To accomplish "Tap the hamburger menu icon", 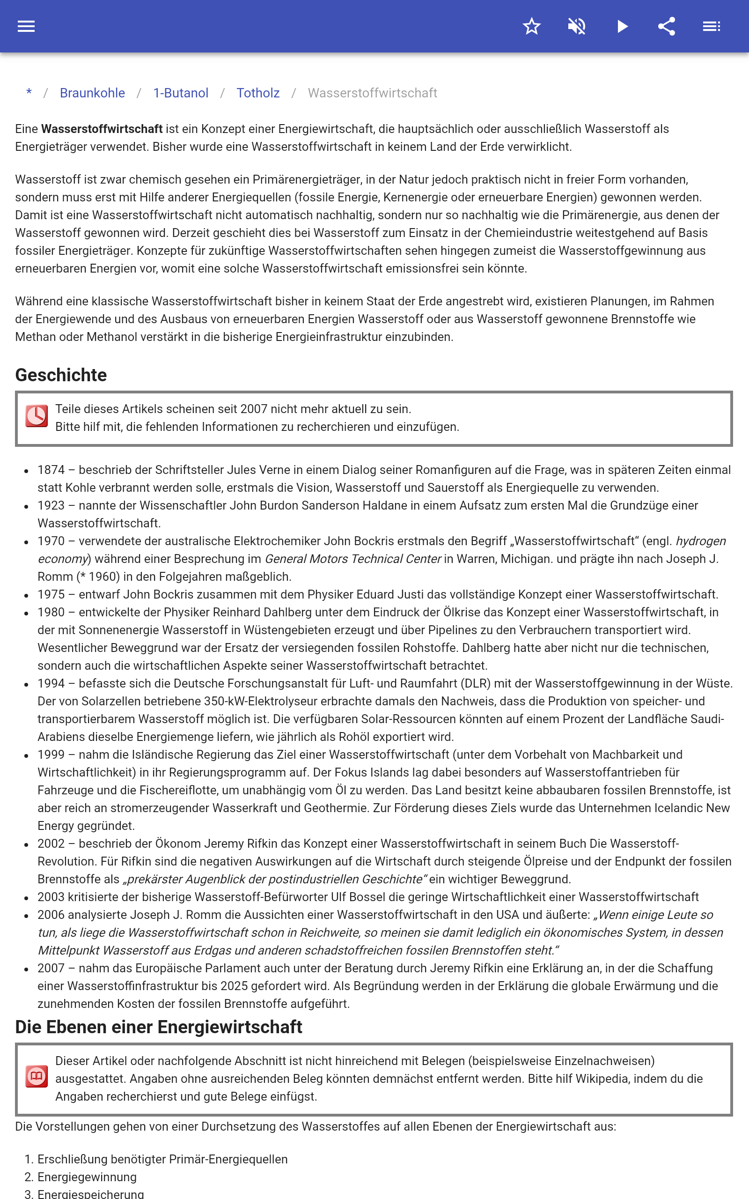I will tap(26, 26).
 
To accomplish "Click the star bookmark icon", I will tap(531, 26).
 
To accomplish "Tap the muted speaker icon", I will tap(577, 26).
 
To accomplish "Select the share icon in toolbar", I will tap(667, 26).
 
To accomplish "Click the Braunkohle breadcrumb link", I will tap(92, 93).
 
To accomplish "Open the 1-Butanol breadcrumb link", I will tap(180, 93).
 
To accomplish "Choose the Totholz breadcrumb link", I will tap(257, 93).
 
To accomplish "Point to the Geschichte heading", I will tap(61, 375).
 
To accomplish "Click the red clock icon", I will tap(37, 416).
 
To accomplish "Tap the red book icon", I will tap(37, 1076).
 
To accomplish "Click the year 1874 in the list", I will tap(51, 470).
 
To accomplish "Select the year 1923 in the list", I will tap(51, 505).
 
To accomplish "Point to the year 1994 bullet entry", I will tap(51, 684).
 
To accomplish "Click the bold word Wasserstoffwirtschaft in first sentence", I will tap(102, 129).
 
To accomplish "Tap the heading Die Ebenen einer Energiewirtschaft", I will tap(159, 1027).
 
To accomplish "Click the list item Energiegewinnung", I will tap(87, 1177).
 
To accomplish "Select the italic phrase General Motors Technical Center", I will tap(352, 559).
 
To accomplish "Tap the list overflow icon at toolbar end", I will tap(712, 26).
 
